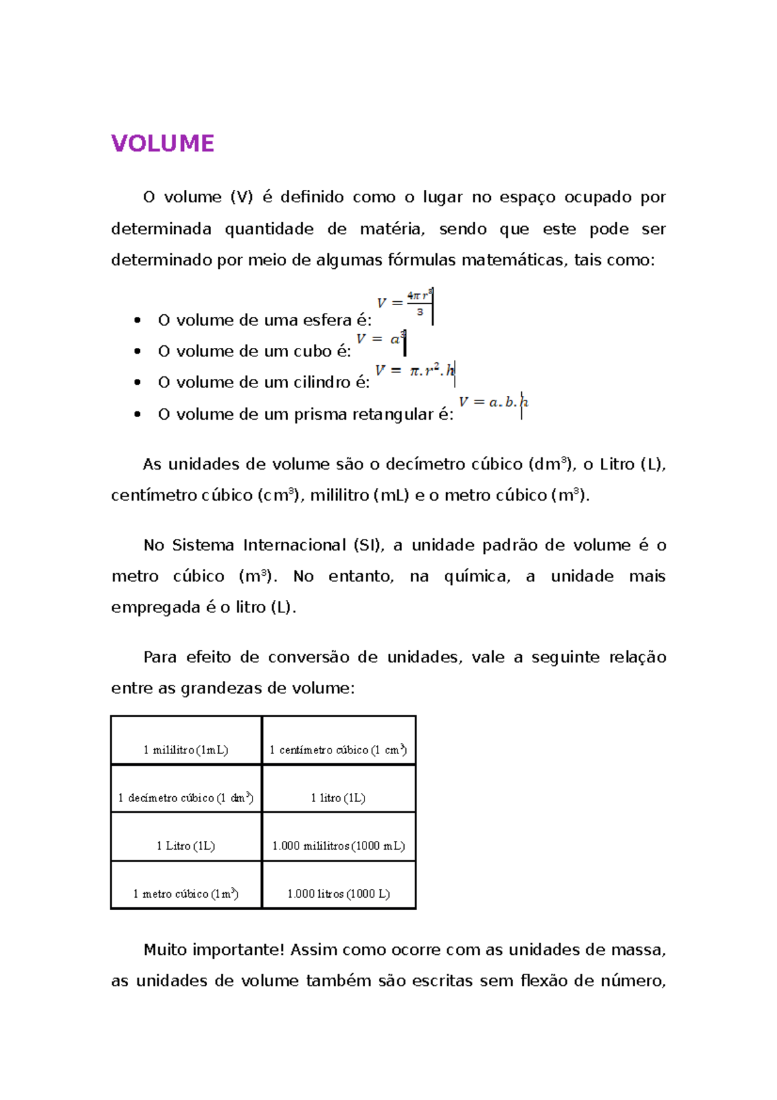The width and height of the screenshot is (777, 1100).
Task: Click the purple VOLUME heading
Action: (163, 143)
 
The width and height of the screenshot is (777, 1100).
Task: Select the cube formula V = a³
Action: (381, 339)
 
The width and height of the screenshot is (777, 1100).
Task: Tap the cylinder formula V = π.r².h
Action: (415, 371)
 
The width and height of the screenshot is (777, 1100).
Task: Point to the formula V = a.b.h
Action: (493, 402)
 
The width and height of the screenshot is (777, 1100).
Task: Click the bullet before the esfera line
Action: (137, 320)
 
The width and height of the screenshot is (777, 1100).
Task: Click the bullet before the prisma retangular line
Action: (137, 414)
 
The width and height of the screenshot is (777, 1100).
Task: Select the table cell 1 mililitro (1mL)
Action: (186, 750)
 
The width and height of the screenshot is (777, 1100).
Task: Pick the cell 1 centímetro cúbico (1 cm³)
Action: (338, 750)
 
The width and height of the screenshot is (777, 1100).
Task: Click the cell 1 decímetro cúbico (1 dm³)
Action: (186, 797)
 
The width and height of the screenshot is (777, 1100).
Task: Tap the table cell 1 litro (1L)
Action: (338, 797)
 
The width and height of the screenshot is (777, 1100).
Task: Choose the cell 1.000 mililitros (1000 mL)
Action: (338, 845)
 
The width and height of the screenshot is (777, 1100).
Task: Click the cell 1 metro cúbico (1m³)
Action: (186, 893)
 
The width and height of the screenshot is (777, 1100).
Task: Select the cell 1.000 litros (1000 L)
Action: (338, 893)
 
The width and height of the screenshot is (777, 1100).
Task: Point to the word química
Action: (477, 577)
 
